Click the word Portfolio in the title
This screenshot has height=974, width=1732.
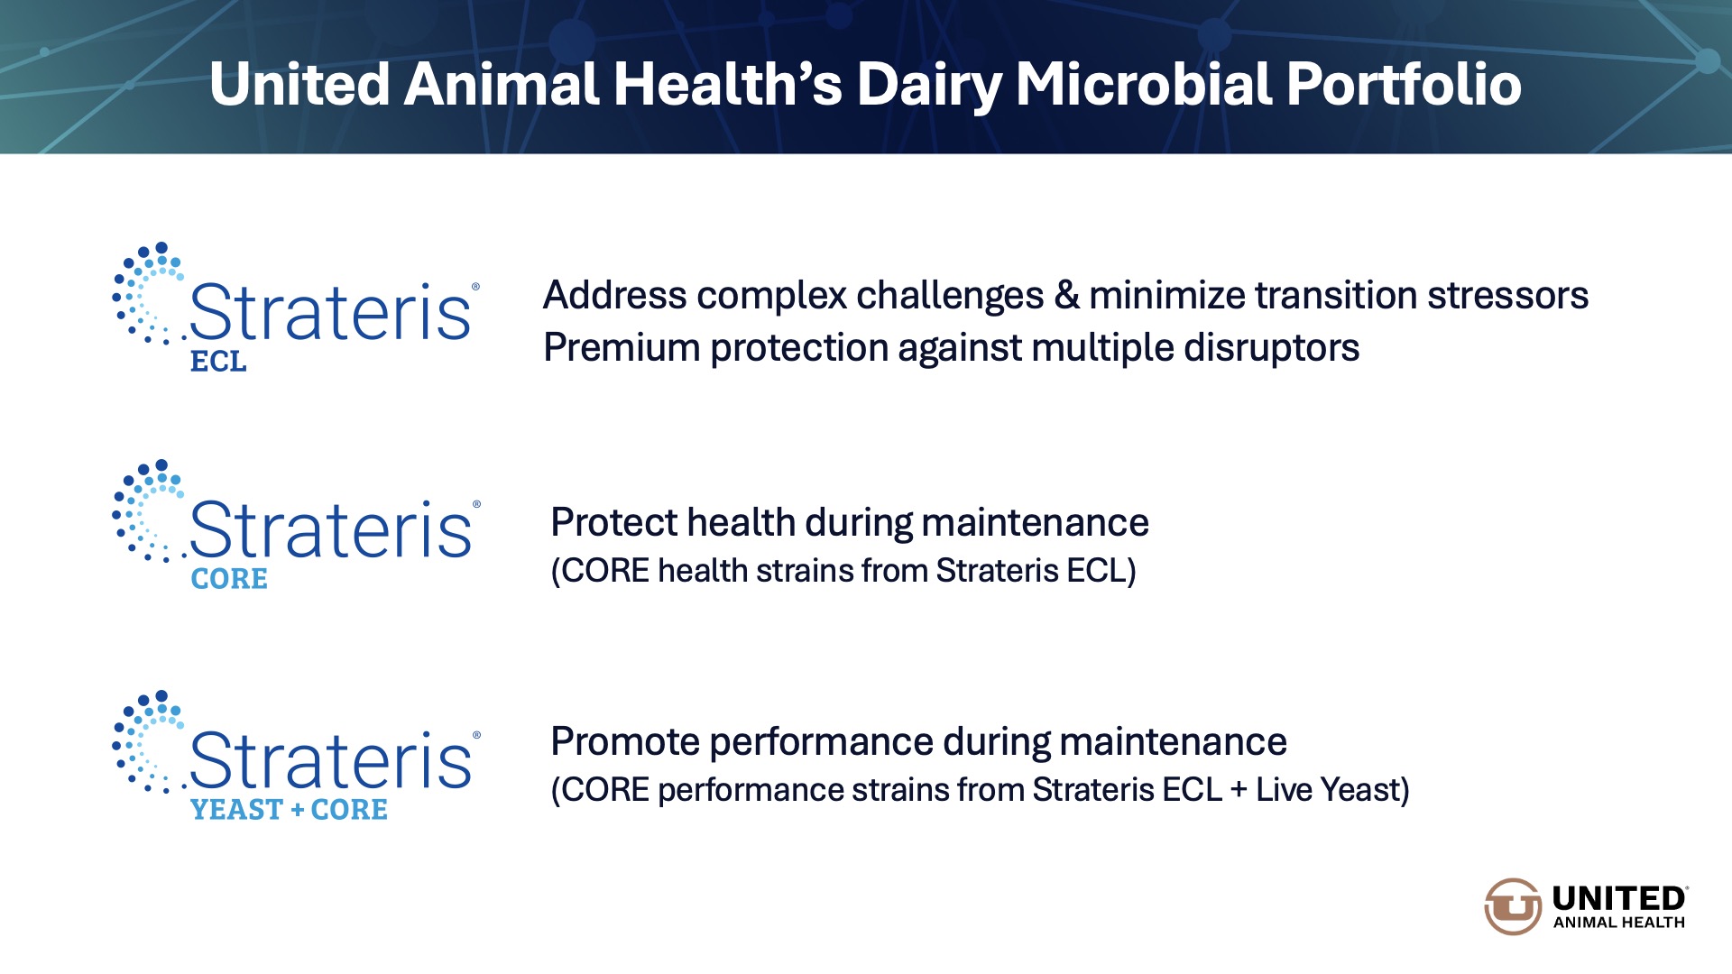tap(1405, 84)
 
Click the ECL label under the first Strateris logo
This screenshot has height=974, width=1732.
tap(218, 361)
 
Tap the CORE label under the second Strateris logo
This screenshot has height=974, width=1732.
tap(229, 578)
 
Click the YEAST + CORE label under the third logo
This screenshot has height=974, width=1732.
tap(289, 809)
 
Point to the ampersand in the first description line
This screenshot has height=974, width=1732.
tap(1066, 295)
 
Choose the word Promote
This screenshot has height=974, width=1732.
tap(625, 741)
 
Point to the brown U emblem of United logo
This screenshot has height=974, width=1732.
tap(1513, 906)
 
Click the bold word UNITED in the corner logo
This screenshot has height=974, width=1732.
tap(1618, 899)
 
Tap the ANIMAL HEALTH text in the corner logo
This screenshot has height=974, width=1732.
tap(1618, 923)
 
